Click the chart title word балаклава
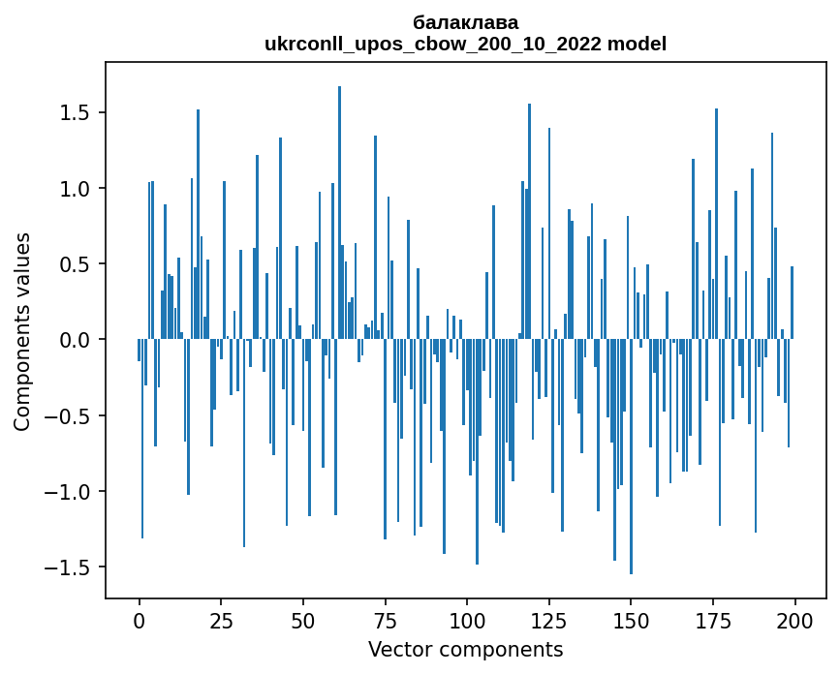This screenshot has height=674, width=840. pyautogui.click(x=465, y=22)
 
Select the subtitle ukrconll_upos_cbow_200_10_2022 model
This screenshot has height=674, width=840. pyautogui.click(x=465, y=44)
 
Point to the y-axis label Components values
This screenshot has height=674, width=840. pyautogui.click(x=21, y=331)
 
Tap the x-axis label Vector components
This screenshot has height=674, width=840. pyautogui.click(x=465, y=649)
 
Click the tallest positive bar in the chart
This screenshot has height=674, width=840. pyautogui.click(x=339, y=213)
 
